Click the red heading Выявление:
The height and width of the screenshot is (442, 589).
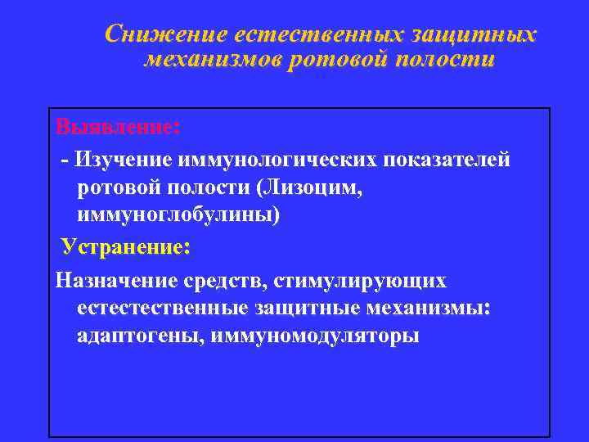[x=118, y=128]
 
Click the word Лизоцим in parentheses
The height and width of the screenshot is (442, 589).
[x=308, y=187]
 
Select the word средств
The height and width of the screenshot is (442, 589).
[x=232, y=280]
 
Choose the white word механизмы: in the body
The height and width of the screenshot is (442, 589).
[x=437, y=309]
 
